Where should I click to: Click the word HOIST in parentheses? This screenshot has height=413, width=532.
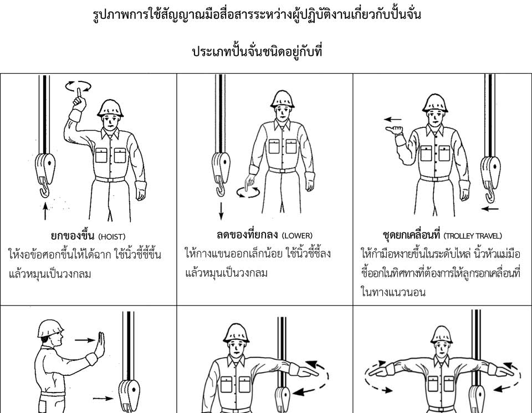pos(112,237)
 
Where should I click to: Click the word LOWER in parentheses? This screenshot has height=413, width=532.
pos(297,236)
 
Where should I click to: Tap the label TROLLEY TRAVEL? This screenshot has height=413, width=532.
pos(473,236)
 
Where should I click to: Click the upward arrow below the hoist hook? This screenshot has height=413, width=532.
pos(45,211)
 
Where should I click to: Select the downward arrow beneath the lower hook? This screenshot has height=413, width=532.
pos(221,211)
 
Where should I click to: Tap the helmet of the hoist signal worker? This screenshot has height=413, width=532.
pos(110,108)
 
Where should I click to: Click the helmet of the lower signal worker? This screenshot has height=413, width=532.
pos(282,99)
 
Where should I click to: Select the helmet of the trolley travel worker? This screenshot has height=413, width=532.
pos(434,103)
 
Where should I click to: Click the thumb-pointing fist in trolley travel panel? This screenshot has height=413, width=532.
pos(395,131)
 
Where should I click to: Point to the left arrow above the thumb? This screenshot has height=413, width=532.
pos(393,120)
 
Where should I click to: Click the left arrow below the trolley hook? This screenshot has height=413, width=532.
pos(490,208)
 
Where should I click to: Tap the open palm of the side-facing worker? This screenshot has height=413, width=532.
pos(101,344)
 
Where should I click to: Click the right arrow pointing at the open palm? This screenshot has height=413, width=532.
pos(85,340)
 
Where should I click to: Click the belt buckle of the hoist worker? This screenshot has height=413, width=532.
pos(109,179)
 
